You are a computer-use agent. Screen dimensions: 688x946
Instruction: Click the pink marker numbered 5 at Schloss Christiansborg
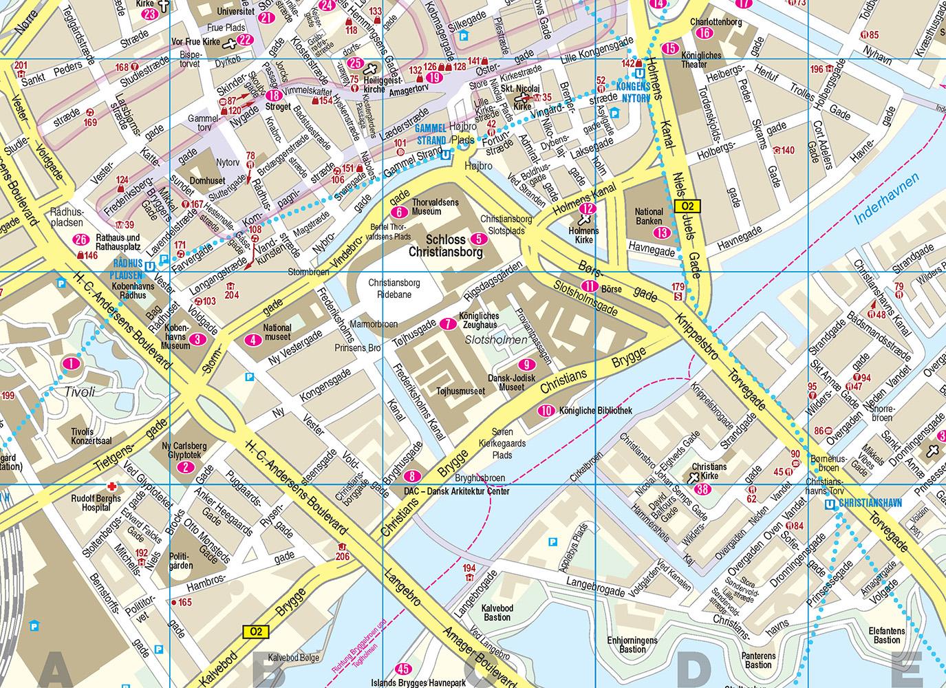(480, 239)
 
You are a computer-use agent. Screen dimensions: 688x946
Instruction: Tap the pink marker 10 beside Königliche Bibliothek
(546, 411)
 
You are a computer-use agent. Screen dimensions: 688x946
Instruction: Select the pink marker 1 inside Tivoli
(70, 363)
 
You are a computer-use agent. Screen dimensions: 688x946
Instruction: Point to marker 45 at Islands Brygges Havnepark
(404, 669)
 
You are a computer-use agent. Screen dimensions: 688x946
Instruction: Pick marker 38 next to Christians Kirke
(702, 489)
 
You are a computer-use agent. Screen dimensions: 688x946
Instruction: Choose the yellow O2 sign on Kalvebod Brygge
(256, 630)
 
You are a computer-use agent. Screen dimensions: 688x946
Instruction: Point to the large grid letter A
(58, 669)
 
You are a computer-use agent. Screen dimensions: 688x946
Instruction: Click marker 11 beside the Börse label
(589, 287)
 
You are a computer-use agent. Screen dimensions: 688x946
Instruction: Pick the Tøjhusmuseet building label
(461, 391)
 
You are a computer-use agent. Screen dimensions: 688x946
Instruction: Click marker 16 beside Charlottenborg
(703, 33)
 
